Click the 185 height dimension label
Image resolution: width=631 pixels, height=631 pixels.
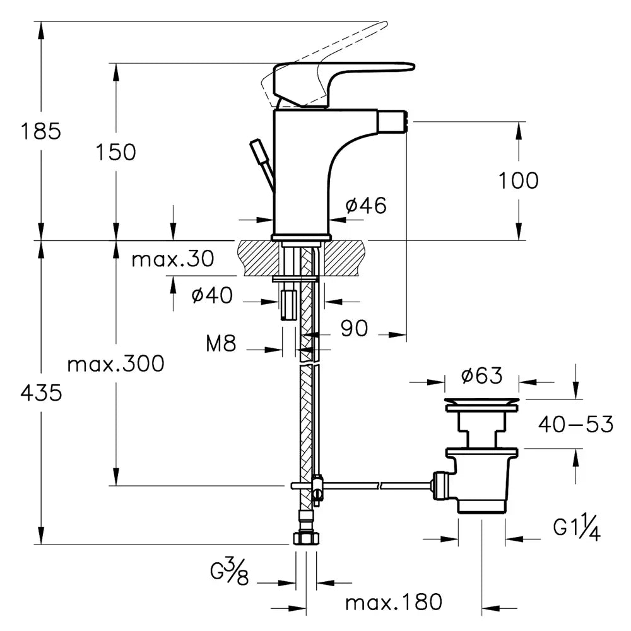(40, 132)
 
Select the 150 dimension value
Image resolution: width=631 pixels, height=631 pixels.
(116, 152)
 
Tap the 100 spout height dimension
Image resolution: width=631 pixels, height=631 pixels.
(519, 181)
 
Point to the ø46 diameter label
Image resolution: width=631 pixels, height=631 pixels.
(366, 205)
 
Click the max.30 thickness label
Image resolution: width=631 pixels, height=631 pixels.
(173, 259)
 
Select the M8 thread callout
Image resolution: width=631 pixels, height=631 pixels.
(221, 344)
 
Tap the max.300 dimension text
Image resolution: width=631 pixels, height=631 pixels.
(116, 363)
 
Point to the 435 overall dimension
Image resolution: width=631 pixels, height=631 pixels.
(41, 393)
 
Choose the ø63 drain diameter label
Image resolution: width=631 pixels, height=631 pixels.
(481, 376)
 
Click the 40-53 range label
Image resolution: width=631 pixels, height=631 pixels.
(575, 425)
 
